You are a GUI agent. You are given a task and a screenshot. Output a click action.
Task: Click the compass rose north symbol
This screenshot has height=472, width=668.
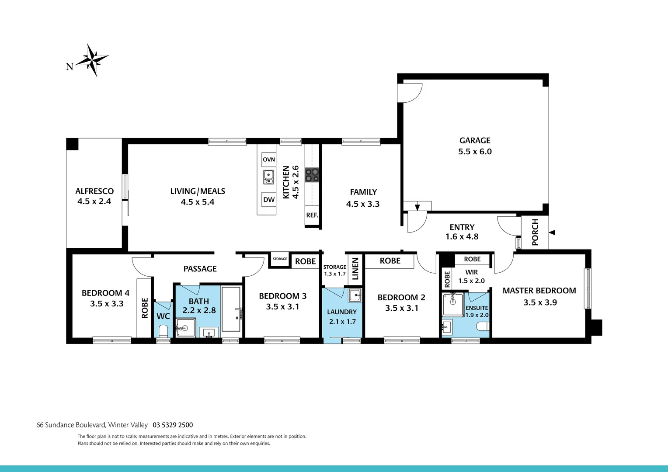pyautogui.click(x=92, y=60)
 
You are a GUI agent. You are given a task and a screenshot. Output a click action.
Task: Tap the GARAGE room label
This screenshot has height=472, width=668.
pyautogui.click(x=475, y=141)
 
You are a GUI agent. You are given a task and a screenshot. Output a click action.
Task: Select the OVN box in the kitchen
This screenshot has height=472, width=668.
pyautogui.click(x=269, y=160)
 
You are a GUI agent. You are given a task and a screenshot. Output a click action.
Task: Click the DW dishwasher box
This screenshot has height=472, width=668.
pyautogui.click(x=269, y=200)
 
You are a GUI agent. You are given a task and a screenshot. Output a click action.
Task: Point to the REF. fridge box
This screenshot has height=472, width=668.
pyautogui.click(x=312, y=215)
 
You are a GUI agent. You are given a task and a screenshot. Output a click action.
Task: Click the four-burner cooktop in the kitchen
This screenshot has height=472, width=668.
pyautogui.click(x=312, y=175)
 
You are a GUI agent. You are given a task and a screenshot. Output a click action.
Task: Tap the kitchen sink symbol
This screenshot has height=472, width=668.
pyautogui.click(x=268, y=177)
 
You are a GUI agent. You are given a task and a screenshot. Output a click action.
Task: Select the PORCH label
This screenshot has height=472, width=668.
pyautogui.click(x=535, y=232)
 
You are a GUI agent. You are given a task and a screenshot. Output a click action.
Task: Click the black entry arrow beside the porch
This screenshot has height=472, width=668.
pyautogui.click(x=552, y=233)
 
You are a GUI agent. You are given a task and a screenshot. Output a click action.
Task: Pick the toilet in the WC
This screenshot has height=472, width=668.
pyautogui.click(x=164, y=331)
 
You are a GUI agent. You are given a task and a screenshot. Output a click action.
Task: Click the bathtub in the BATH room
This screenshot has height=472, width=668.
pyautogui.click(x=231, y=309)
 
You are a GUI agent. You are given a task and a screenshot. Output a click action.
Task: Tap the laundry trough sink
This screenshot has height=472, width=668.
pyautogui.click(x=355, y=295)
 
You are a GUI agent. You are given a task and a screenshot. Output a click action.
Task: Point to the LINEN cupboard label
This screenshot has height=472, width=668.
pyautogui.click(x=355, y=269)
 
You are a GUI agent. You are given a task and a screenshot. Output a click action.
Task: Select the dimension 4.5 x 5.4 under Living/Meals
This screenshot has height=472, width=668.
pyautogui.click(x=198, y=202)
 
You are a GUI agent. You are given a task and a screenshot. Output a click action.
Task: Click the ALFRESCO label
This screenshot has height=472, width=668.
pyautogui.click(x=94, y=191)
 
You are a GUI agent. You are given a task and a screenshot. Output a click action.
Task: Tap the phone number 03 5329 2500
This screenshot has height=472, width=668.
pyautogui.click(x=173, y=425)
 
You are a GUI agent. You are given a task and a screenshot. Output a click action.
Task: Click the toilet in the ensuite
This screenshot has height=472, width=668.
pyautogui.click(x=483, y=327)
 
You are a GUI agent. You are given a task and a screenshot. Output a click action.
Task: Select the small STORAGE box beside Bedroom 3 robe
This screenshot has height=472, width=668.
pyautogui.click(x=280, y=259)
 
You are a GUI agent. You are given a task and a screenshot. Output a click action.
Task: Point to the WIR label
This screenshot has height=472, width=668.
pyautogui.click(x=471, y=272)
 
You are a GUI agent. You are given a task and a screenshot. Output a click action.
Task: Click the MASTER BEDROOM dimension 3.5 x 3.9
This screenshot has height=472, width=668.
pyautogui.click(x=540, y=302)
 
